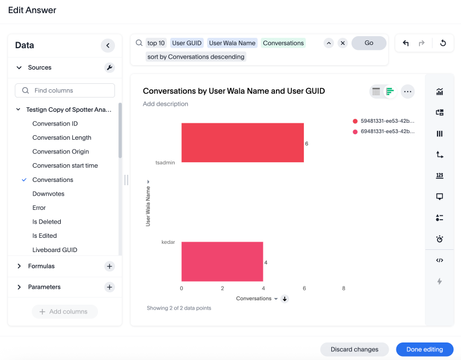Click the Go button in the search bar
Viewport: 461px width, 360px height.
[368, 43]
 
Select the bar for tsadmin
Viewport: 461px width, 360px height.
[243, 142]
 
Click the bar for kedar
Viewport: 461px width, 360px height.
[222, 262]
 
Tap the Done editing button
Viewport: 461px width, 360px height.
[425, 349]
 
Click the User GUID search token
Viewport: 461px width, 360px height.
[187, 43]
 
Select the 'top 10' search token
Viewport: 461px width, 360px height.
[156, 43]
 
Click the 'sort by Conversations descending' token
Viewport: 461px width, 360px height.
[196, 56]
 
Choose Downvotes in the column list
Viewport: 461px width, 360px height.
[48, 193]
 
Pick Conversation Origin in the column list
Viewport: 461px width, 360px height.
[60, 151]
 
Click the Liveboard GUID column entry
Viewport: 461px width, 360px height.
[55, 249]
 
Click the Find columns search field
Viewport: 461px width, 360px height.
[69, 90]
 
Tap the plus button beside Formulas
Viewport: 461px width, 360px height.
[110, 266]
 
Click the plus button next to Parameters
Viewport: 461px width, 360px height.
[110, 287]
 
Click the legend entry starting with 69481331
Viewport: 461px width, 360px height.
[387, 132]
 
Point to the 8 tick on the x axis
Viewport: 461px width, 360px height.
[344, 288]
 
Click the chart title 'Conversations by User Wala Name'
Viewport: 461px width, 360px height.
[234, 91]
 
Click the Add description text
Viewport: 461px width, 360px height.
[165, 104]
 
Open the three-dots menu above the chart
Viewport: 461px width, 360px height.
[407, 92]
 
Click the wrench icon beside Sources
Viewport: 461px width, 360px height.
[110, 67]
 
